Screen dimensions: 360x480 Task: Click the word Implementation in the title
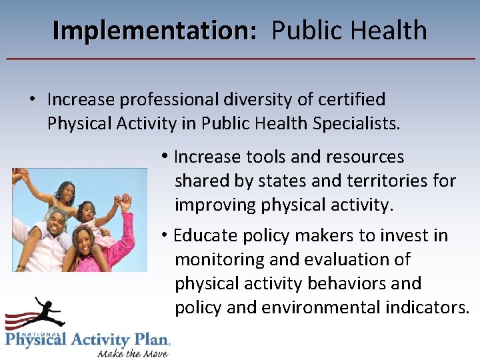pos(154,31)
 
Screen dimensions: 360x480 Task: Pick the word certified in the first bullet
pos(352,99)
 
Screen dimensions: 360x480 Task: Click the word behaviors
pos(346,283)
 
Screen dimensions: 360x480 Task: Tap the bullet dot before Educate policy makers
pos(163,235)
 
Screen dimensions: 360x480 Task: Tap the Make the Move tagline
pos(133,352)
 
